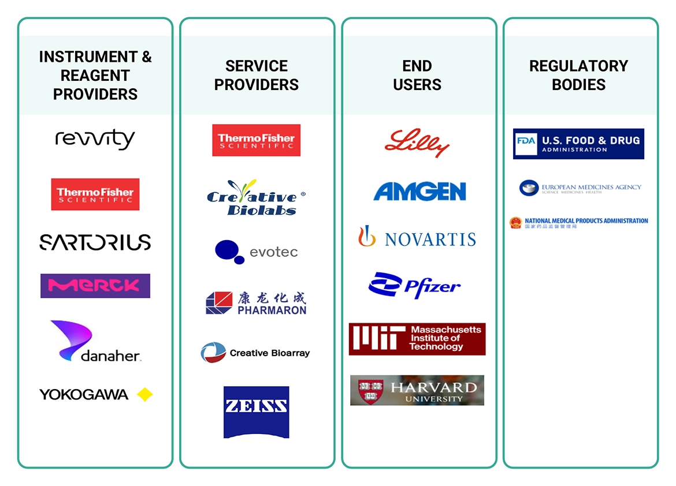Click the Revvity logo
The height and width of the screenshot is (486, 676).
pos(95,139)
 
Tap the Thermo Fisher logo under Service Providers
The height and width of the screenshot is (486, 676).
pos(256,140)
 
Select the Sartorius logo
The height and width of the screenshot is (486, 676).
pos(95,242)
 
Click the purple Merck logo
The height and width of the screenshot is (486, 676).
pos(95,286)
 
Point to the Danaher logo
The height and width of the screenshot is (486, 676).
pos(95,341)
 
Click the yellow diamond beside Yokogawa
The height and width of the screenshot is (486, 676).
pos(144,395)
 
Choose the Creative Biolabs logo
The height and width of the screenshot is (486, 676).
pos(256,197)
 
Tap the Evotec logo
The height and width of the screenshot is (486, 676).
pos(256,252)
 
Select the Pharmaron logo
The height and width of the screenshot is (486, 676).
pos(256,303)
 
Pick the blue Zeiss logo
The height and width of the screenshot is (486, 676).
pos(256,412)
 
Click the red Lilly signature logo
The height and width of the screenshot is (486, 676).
pos(417,143)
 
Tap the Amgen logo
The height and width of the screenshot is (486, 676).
pos(419,192)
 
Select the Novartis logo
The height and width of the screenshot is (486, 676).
pos(417,237)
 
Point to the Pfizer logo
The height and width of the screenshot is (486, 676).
pos(414,285)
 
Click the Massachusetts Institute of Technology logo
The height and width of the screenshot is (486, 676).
pos(417,339)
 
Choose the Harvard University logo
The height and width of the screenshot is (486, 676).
pos(417,390)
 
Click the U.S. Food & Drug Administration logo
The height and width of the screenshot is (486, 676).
pos(578,144)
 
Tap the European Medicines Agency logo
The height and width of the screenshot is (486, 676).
pos(580,188)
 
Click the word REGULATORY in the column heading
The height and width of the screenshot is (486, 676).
pos(578,66)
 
